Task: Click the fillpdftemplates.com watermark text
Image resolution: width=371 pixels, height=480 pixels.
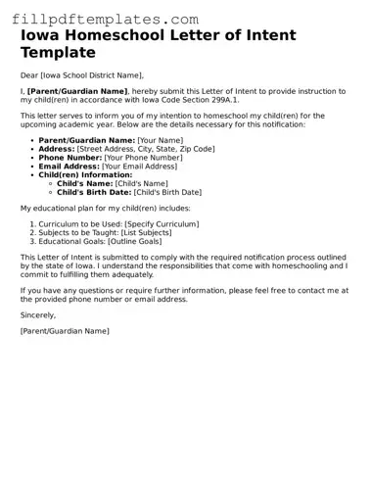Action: (x=99, y=19)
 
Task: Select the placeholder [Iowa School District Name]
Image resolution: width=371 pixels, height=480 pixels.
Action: (x=91, y=75)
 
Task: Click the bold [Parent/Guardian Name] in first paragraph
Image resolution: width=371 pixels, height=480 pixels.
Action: (x=77, y=91)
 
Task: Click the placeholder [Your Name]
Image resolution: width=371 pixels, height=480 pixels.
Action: (x=160, y=140)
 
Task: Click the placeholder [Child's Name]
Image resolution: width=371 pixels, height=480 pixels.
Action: (x=142, y=183)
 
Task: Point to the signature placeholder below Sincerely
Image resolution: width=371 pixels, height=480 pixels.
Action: (x=65, y=331)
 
